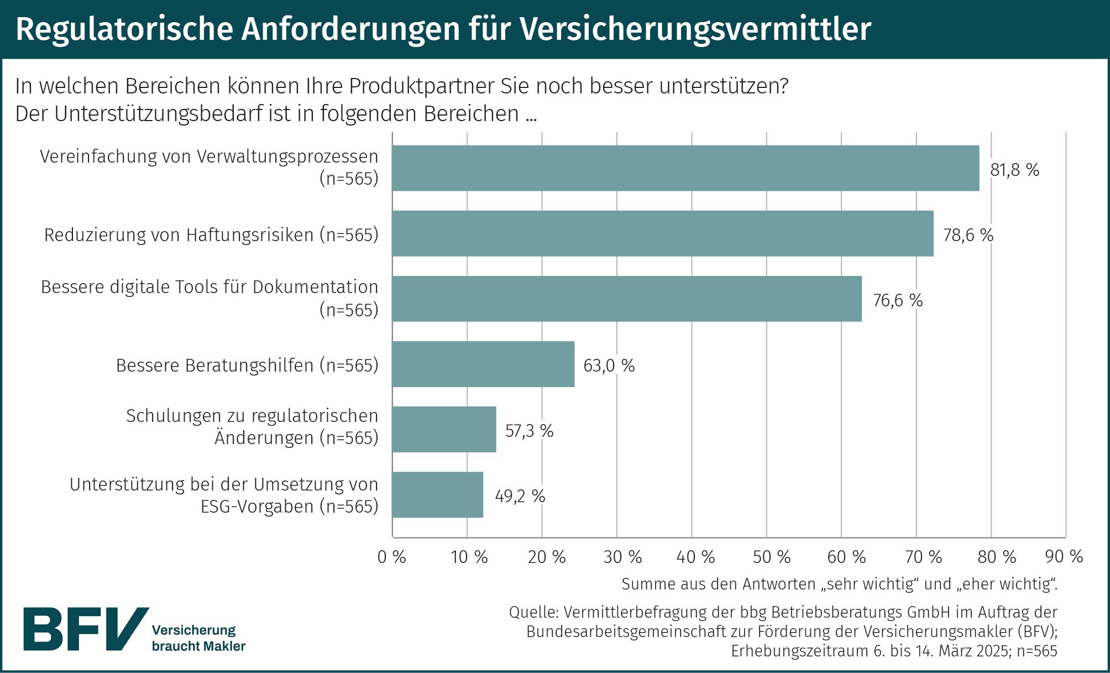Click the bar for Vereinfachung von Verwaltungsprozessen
click(685, 168)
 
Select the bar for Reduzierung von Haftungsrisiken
click(662, 233)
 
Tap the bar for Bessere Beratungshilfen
click(483, 364)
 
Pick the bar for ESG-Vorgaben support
click(437, 495)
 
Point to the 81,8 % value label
click(1014, 170)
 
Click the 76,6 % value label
click(898, 300)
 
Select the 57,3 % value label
click(529, 431)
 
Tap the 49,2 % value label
click(520, 496)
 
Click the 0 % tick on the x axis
click(391, 557)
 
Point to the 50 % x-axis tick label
click(771, 557)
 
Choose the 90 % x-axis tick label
click(1064, 557)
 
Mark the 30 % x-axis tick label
click(622, 557)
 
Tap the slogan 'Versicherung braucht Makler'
click(198, 638)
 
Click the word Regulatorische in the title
click(124, 29)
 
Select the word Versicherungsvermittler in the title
click(695, 29)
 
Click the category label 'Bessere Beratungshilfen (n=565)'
click(247, 366)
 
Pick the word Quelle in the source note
click(533, 612)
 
